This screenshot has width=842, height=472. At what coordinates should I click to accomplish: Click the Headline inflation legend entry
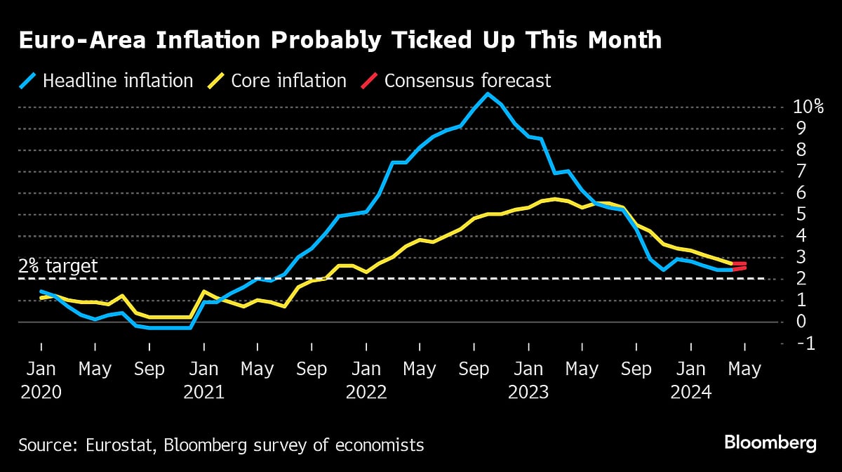point(106,81)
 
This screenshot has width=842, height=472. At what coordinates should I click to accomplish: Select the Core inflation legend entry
point(279,81)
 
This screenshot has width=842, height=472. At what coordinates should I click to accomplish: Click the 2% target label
point(58,266)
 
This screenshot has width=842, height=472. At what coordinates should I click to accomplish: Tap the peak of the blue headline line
point(488,93)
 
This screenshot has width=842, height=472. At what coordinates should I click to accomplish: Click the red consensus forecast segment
point(740,265)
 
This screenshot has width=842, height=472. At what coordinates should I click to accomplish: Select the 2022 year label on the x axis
point(366,391)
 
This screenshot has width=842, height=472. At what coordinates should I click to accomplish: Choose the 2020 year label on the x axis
point(41,391)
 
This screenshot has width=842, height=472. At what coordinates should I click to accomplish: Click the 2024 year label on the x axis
point(691,391)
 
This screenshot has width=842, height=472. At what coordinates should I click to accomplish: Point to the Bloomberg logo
point(770,443)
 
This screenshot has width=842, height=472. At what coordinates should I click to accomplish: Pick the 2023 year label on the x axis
point(528,391)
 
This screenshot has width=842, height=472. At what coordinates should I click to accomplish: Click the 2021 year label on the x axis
point(203,391)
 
